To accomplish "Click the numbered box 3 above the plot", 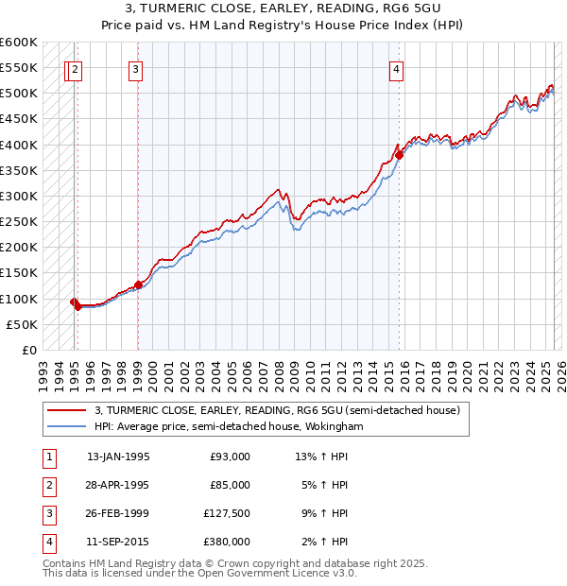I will point(136,68).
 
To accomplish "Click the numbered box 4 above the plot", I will point(397,68).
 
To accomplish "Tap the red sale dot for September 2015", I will point(400,155).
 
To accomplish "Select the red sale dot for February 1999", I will point(139,284).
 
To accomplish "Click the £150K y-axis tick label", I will point(20,273).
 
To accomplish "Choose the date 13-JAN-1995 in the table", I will point(118,457).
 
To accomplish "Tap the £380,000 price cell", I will point(227,542).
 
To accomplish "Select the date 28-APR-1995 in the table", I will point(118,485).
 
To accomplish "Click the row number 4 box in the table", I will point(48,542).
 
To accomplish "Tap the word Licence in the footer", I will point(306,573).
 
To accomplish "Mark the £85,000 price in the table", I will point(231,485).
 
